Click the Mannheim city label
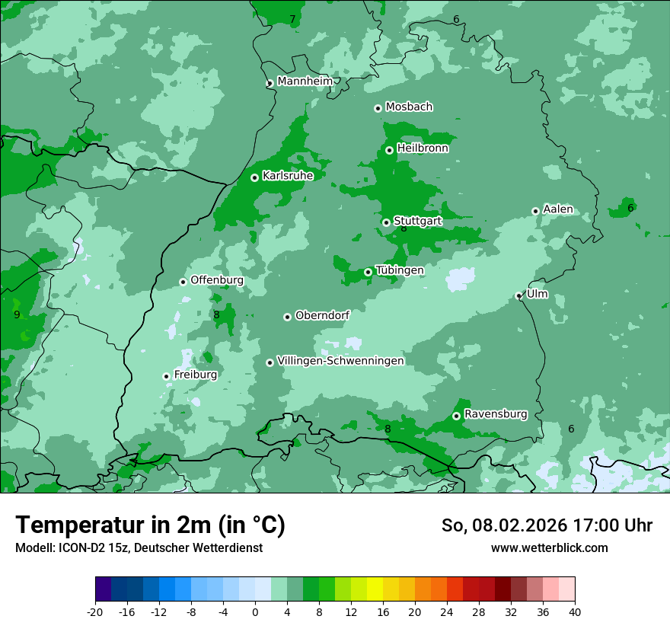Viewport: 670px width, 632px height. tap(305, 81)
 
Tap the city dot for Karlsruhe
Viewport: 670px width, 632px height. tap(254, 177)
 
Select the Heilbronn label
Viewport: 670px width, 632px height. tap(423, 148)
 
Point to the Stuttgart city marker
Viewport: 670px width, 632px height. tap(386, 222)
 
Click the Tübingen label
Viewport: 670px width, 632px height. tap(400, 270)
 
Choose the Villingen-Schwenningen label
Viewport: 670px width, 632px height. tap(341, 361)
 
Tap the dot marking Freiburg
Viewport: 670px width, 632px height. tap(166, 376)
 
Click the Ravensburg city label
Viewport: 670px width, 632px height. tap(496, 414)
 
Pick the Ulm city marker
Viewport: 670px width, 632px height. tap(518, 295)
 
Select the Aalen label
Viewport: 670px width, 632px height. tap(558, 209)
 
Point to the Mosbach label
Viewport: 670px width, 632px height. tap(409, 107)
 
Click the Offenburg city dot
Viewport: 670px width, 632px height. tap(183, 282)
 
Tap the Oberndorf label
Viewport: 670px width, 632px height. tap(323, 315)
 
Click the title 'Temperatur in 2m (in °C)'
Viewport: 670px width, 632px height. tap(151, 525)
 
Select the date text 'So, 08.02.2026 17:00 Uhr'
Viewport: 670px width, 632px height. tap(547, 525)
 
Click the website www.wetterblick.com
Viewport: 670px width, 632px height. tap(549, 547)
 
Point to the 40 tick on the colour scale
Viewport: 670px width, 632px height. tap(575, 611)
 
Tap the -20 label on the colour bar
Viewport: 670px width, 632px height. tap(95, 611)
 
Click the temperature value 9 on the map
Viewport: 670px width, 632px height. tap(17, 314)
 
